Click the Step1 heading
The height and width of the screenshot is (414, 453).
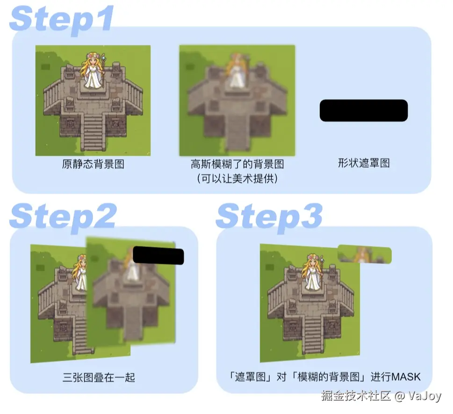pos(62,19)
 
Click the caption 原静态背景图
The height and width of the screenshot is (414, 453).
pos(93,164)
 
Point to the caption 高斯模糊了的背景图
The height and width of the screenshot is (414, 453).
pos(237,164)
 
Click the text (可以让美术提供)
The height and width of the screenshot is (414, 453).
pos(237,178)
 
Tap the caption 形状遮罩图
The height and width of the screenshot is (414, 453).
pos(364,163)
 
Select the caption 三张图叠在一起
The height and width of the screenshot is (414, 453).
pos(99,377)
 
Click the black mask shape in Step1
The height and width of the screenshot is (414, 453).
pos(363,110)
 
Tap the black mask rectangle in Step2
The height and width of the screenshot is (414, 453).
pos(158,255)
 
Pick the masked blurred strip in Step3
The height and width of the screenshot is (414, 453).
pos(364,254)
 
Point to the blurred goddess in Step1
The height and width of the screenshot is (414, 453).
pos(236,71)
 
